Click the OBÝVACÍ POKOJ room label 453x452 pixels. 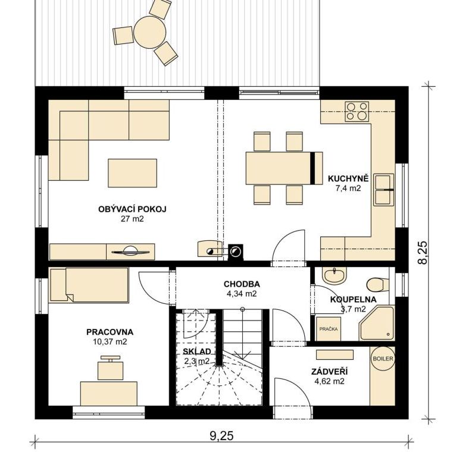132,209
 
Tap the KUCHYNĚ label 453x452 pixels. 348,178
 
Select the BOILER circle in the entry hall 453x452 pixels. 383,359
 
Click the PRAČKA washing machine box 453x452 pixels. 329,329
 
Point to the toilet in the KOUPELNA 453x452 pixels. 377,285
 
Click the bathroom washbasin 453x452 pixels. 335,275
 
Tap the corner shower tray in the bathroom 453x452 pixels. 377,324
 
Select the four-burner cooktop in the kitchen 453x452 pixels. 357,111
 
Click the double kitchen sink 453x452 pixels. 384,190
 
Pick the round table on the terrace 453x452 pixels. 149,32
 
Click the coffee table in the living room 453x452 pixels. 132,173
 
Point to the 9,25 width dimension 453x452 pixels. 221,435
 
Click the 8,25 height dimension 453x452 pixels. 423,252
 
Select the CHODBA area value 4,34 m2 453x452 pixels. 242,294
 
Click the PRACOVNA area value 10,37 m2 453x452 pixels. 110,342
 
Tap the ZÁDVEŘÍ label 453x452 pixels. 329,372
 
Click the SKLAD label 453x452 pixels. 196,351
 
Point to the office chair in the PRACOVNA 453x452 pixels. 110,368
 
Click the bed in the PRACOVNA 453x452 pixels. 89,285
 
